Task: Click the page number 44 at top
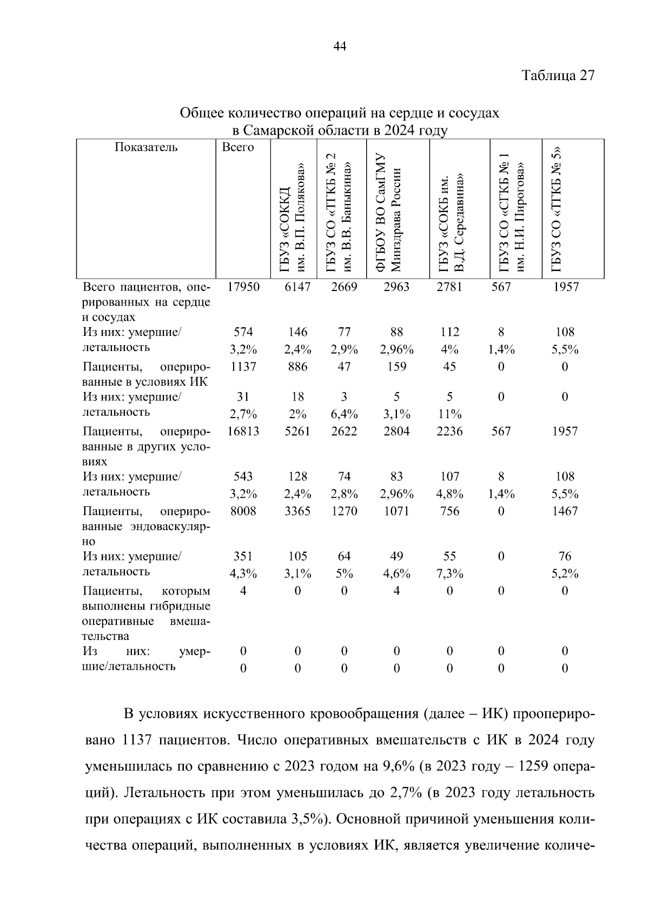(x=340, y=47)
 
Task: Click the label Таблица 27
(x=558, y=76)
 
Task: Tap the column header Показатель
(x=146, y=148)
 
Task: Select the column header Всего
(x=238, y=148)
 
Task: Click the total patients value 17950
(x=243, y=287)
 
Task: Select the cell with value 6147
(x=297, y=287)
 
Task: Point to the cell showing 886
(x=297, y=367)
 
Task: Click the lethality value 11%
(x=449, y=415)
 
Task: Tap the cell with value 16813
(x=243, y=431)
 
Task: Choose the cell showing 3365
(x=297, y=511)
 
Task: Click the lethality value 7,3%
(x=449, y=574)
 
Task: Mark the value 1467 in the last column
(x=565, y=511)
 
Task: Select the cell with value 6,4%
(x=344, y=415)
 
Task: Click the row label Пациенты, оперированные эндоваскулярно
(x=146, y=526)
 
